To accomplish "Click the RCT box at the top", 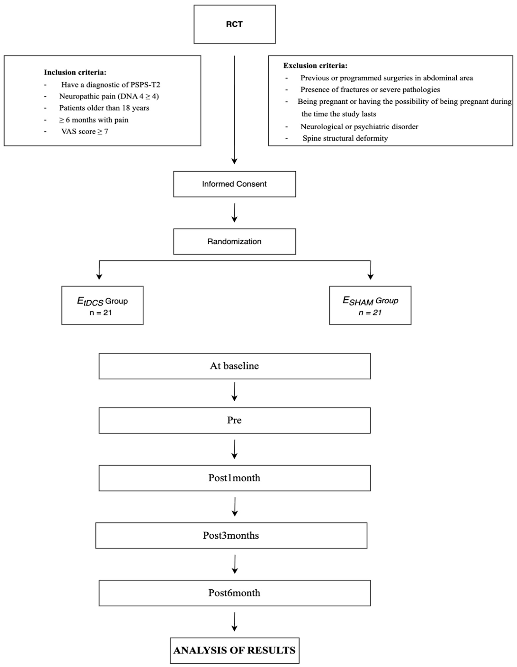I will (x=234, y=24).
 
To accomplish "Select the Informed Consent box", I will (x=234, y=184).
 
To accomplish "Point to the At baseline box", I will (x=234, y=366).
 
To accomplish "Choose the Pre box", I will (x=234, y=420).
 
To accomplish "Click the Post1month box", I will (x=234, y=478).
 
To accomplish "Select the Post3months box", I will (x=231, y=535).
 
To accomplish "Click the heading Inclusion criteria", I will (x=75, y=72).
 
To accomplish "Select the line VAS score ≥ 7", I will (x=85, y=132).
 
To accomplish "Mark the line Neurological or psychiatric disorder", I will (x=359, y=126).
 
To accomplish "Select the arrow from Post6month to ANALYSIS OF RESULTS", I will (x=234, y=622).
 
